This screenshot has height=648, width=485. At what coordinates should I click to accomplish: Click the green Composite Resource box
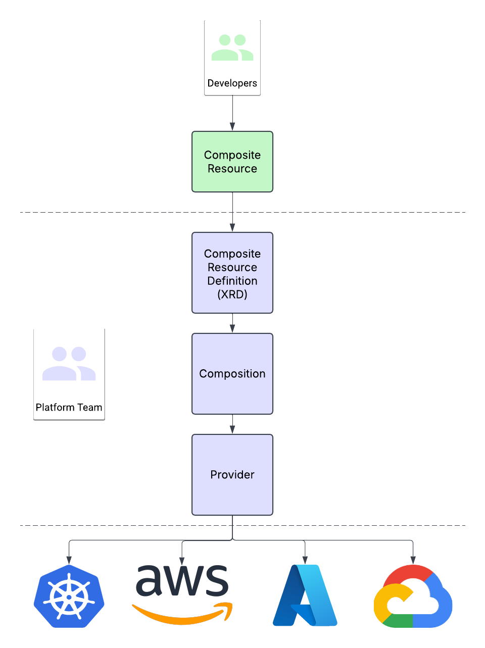point(232,162)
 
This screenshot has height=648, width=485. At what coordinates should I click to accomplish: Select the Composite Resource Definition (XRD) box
point(232,273)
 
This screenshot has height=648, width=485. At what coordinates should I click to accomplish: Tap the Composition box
point(232,374)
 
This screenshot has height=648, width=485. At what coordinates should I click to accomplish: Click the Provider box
point(232,475)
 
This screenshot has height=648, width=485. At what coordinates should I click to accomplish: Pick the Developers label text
point(232,83)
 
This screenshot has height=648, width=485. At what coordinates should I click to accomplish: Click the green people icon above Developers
point(232,48)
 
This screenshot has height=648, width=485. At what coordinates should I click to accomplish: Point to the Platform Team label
point(69,408)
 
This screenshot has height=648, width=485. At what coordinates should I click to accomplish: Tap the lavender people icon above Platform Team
point(69,364)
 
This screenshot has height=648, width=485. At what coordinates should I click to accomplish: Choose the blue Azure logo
point(305,596)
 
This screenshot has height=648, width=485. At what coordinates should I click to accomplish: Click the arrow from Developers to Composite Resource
point(232,113)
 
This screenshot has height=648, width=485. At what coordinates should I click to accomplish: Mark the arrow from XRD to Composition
point(232,323)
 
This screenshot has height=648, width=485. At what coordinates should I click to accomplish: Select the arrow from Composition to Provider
point(232,424)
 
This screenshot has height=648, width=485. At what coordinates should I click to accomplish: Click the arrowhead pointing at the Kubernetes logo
point(69,560)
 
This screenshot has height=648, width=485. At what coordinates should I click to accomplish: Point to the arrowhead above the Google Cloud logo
point(413,560)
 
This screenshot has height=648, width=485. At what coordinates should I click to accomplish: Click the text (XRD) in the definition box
point(232,294)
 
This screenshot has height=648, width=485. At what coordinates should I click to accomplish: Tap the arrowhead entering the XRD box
point(232,228)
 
